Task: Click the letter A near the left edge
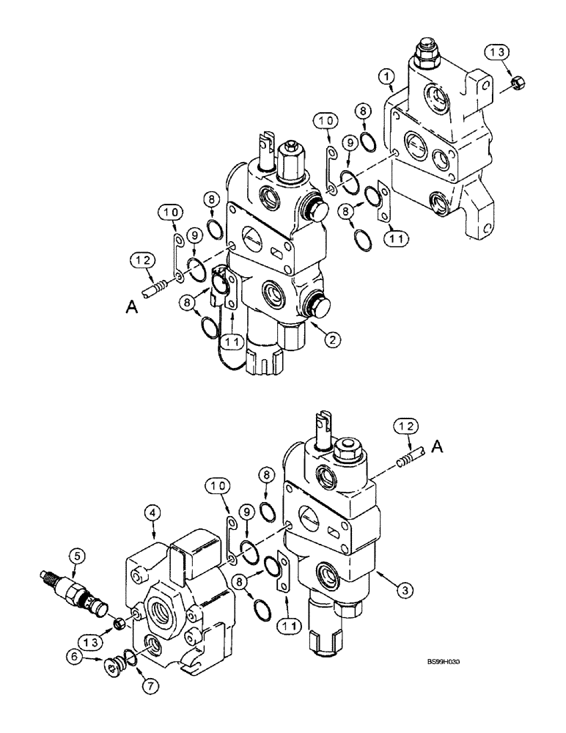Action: (x=132, y=309)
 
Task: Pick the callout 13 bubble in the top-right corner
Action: (x=497, y=52)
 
